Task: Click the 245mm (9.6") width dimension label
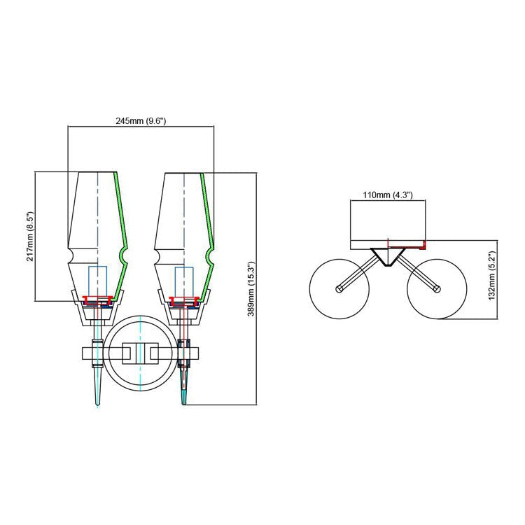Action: tap(141, 121)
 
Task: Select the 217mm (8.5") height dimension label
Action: tap(30, 237)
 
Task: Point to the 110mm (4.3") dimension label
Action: tap(388, 195)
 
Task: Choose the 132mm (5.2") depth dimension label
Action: tap(491, 276)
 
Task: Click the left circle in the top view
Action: tap(339, 288)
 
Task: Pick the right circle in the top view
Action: tap(437, 288)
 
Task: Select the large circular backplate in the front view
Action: tap(140, 353)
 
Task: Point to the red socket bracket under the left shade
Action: tap(97, 300)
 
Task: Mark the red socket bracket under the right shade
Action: tap(184, 300)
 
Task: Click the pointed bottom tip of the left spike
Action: tap(97, 405)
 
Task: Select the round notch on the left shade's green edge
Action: tap(122, 257)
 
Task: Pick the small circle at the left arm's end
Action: tap(339, 288)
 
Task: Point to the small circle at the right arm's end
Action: tap(437, 288)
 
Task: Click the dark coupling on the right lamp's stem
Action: tap(184, 353)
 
